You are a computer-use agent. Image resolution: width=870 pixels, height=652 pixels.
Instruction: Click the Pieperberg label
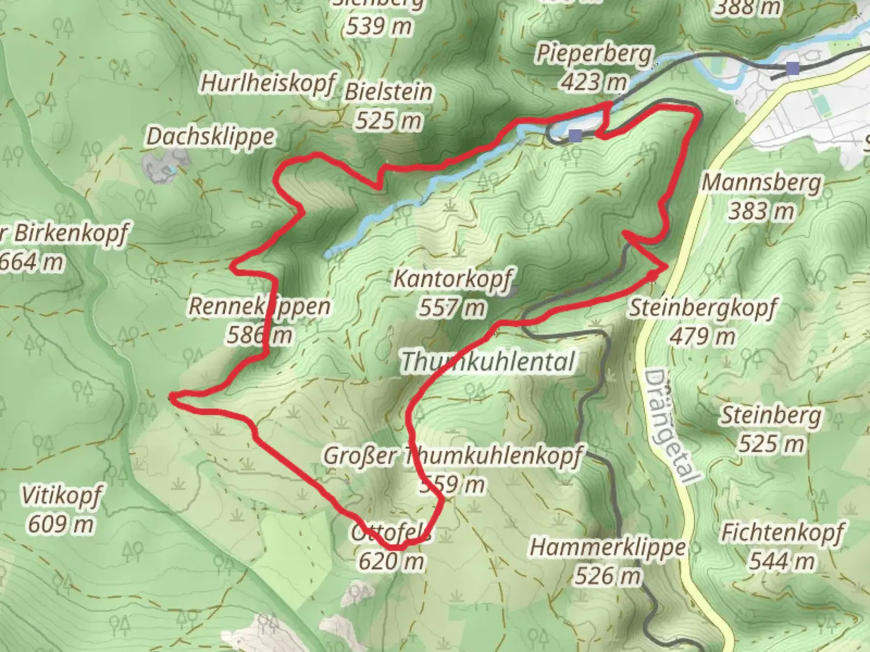click(x=593, y=54)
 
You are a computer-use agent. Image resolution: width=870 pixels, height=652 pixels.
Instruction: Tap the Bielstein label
click(x=388, y=92)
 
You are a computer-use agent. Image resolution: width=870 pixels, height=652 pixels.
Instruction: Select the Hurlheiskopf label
click(x=267, y=83)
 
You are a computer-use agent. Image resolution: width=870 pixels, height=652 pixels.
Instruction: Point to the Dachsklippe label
click(x=210, y=136)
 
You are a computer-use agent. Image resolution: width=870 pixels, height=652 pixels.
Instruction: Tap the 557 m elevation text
click(x=452, y=308)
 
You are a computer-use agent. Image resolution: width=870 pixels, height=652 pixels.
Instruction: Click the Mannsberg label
click(x=761, y=182)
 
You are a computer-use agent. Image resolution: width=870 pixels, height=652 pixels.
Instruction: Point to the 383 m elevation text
click(x=761, y=211)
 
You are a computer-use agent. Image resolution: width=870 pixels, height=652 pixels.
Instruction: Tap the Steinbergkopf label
click(x=703, y=308)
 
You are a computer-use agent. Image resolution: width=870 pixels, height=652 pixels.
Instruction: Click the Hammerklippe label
click(x=608, y=548)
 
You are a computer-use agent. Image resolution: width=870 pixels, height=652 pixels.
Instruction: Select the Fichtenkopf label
click(x=782, y=532)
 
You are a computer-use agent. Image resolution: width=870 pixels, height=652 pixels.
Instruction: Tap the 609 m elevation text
click(x=61, y=524)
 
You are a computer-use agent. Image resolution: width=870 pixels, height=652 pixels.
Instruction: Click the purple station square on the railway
click(x=792, y=68)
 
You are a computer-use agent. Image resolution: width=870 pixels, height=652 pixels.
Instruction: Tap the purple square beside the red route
click(x=575, y=135)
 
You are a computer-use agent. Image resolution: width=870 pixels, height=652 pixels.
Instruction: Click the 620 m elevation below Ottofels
click(x=391, y=561)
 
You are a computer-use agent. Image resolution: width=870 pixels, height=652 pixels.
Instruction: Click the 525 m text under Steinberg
click(x=772, y=444)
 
